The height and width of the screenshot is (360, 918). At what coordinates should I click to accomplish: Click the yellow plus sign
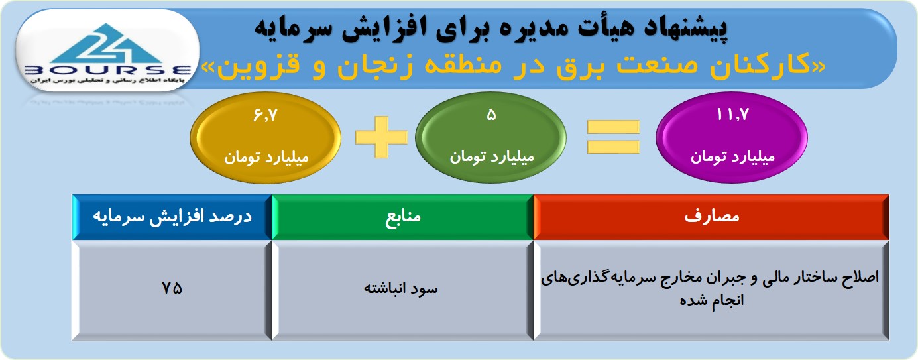click(x=381, y=137)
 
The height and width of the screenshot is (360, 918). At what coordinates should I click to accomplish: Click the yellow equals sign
click(x=613, y=137)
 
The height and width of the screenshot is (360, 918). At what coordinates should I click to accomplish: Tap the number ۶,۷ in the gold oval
click(x=265, y=115)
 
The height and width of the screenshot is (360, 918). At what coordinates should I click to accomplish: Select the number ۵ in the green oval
click(x=491, y=115)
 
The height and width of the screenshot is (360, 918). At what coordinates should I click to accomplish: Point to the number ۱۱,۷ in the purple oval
click(x=732, y=115)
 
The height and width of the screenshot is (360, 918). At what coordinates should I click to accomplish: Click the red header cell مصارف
click(x=711, y=217)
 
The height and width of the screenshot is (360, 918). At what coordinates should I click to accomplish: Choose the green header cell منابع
click(x=402, y=217)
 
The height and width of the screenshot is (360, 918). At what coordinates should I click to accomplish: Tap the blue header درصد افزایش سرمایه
click(x=172, y=217)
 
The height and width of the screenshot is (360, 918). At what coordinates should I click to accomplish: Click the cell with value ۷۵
click(x=172, y=290)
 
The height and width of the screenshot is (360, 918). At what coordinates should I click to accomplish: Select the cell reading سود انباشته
click(x=402, y=290)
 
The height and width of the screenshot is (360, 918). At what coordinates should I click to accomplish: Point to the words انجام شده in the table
click(x=711, y=300)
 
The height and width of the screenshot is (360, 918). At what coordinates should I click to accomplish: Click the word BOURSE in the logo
click(x=107, y=70)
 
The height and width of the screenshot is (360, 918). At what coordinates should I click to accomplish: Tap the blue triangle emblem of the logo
click(x=107, y=43)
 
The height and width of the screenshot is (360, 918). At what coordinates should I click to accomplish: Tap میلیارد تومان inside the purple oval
click(x=732, y=157)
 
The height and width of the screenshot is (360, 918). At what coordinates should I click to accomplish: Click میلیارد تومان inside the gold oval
click(x=266, y=158)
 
